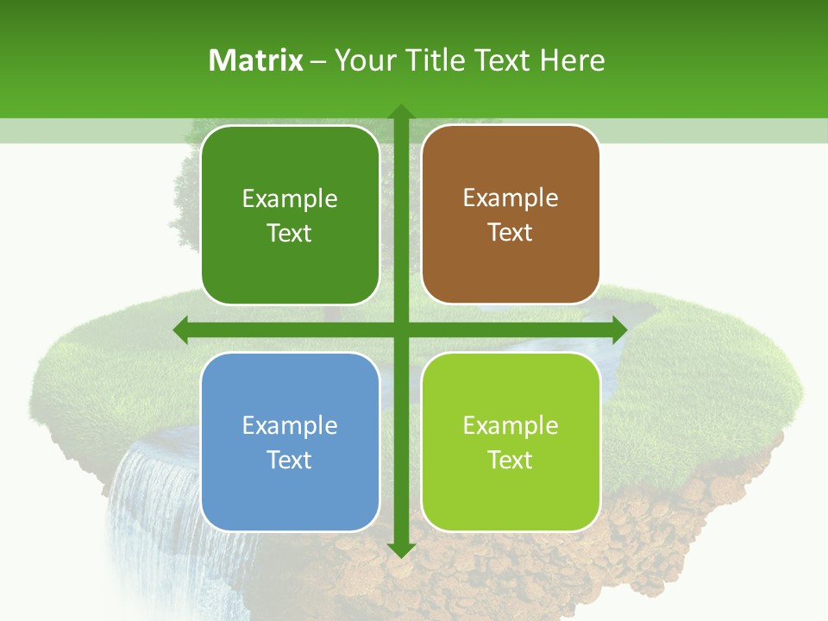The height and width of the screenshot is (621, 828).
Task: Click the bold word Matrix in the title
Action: [256, 60]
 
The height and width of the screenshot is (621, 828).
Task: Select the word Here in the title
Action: [572, 60]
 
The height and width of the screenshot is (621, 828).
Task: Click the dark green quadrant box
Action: [290, 215]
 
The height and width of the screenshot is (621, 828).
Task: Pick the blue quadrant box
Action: [290, 442]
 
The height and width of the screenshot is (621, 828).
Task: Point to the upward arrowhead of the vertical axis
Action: [400, 111]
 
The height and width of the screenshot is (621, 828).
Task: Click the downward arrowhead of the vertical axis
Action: [400, 549]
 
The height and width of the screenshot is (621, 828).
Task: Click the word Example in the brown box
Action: [511, 198]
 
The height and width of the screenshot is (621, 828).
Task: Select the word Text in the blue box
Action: [290, 460]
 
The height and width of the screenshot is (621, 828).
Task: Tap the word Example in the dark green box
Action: [290, 199]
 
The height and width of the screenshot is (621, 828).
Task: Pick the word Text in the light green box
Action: [511, 460]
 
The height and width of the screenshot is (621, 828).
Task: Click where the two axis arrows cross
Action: [400, 329]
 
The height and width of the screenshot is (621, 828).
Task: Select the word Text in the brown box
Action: [511, 232]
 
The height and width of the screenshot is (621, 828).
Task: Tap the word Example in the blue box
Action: [290, 425]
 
